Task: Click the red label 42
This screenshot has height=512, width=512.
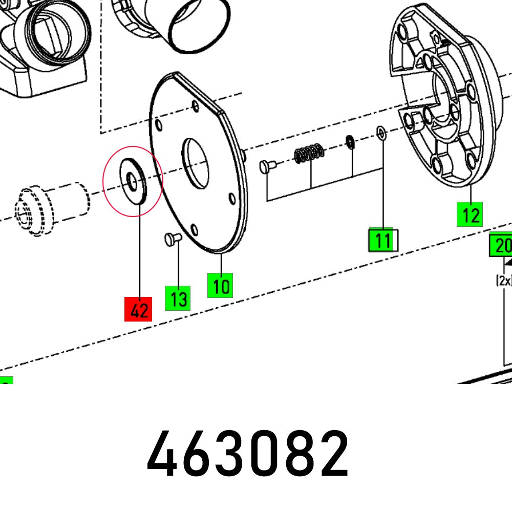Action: (139, 309)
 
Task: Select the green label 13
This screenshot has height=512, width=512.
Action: (178, 298)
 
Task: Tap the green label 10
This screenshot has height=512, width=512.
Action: (220, 285)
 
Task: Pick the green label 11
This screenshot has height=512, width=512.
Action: (381, 240)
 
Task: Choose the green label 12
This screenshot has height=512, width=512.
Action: (470, 214)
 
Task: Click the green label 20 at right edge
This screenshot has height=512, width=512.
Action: (501, 246)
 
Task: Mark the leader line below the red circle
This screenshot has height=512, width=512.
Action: (139, 256)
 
